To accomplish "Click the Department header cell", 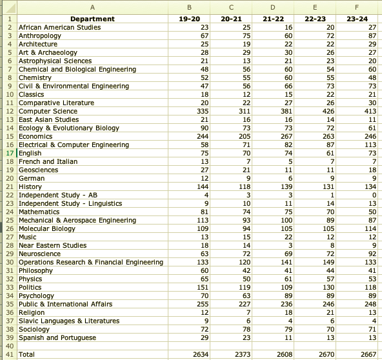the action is click(92, 19).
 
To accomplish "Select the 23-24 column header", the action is click(357, 19).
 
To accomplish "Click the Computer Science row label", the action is click(48, 112).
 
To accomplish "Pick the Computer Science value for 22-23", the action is click(328, 112).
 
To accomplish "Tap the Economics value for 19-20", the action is click(203, 136).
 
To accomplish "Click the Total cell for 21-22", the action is click(285, 354).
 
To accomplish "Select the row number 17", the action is click(10, 153).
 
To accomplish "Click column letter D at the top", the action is click(273, 8).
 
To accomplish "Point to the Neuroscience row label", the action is click(39, 254).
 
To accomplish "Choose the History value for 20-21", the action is click(245, 187).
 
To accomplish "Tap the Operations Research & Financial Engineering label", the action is click(91, 263).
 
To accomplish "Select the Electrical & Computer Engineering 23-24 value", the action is click(370, 145).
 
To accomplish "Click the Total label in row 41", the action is click(26, 354).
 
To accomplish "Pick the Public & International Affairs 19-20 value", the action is click(203, 305).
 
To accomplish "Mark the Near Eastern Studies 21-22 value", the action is click(290, 246).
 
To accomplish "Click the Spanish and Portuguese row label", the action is click(57, 338).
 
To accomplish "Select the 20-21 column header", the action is click(231, 19).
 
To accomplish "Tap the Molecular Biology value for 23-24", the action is click(370, 229).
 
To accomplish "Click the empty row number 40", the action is click(10, 346).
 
